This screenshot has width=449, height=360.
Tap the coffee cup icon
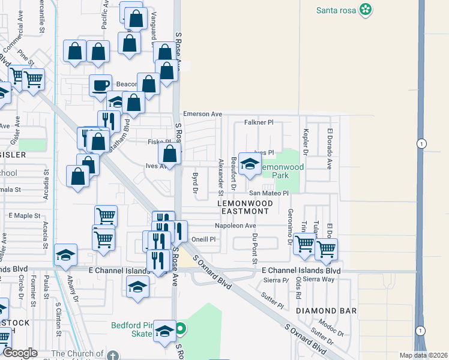point(100,85)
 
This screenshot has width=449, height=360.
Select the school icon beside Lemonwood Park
point(249,163)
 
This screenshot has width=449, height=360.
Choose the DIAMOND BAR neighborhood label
point(327,311)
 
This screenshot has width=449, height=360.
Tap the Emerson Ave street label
point(202,114)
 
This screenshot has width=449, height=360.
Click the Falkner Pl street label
point(259,122)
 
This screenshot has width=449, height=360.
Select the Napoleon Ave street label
point(235,226)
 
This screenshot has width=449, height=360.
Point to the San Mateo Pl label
point(269,193)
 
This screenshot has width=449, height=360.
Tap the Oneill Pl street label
point(203,239)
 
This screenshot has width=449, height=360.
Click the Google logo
point(20,353)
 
